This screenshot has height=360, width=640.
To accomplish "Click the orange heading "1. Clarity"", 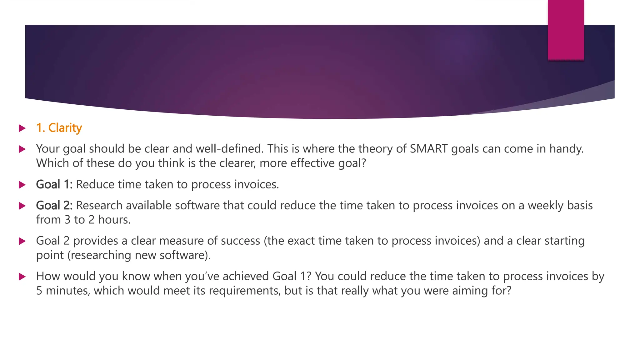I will pos(59,128).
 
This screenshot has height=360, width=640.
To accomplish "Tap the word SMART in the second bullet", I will pos(429,149).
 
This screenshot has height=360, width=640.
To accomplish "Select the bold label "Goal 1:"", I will pos(54,184).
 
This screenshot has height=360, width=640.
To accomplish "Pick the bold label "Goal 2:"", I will pos(54,205).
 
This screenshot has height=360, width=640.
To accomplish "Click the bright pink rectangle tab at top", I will pos(566,30).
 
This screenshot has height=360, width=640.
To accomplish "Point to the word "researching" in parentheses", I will pos(101,255).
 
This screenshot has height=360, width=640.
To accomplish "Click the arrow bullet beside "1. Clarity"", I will pos(22,128).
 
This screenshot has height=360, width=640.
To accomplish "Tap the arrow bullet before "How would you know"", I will pos(22,277).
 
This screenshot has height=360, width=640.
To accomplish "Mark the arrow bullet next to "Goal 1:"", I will pos(22,185).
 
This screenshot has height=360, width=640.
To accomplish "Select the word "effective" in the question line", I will pos(312,163).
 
